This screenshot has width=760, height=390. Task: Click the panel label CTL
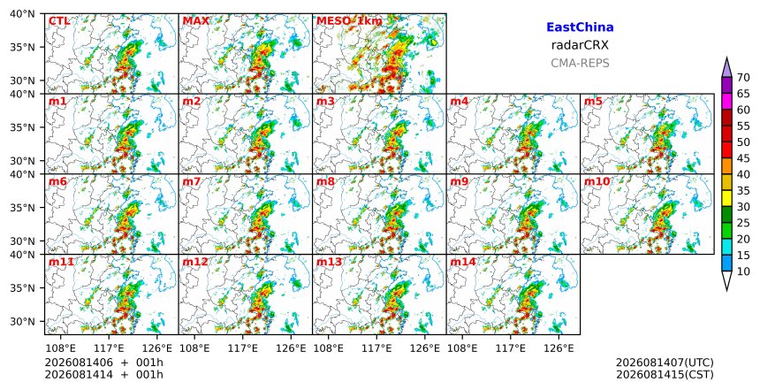(x=59, y=21)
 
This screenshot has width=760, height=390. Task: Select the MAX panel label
(x=196, y=21)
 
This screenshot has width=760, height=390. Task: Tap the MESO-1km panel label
(x=349, y=21)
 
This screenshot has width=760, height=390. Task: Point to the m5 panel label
(x=593, y=102)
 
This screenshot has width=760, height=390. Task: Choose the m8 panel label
(x=325, y=181)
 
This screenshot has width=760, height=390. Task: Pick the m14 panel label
(x=462, y=262)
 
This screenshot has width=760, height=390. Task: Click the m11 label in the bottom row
(x=61, y=262)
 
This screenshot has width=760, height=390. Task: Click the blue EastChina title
(x=580, y=27)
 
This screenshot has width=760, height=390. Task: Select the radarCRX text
(x=580, y=45)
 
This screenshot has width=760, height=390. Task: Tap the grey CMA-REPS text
(x=580, y=63)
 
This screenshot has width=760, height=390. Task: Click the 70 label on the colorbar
(x=743, y=78)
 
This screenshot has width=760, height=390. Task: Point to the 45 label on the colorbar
(x=743, y=158)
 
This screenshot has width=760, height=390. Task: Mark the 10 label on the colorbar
(x=743, y=271)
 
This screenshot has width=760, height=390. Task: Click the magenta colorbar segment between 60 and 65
(x=726, y=102)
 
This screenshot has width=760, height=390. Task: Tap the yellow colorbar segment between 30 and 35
(x=726, y=198)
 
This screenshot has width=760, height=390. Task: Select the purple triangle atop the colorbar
(x=726, y=68)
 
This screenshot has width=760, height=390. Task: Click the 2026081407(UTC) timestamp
(x=665, y=363)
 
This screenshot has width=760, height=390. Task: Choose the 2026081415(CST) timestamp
(x=665, y=375)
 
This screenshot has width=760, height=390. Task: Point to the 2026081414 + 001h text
(x=104, y=375)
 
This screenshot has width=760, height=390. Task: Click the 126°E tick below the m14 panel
(x=559, y=348)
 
